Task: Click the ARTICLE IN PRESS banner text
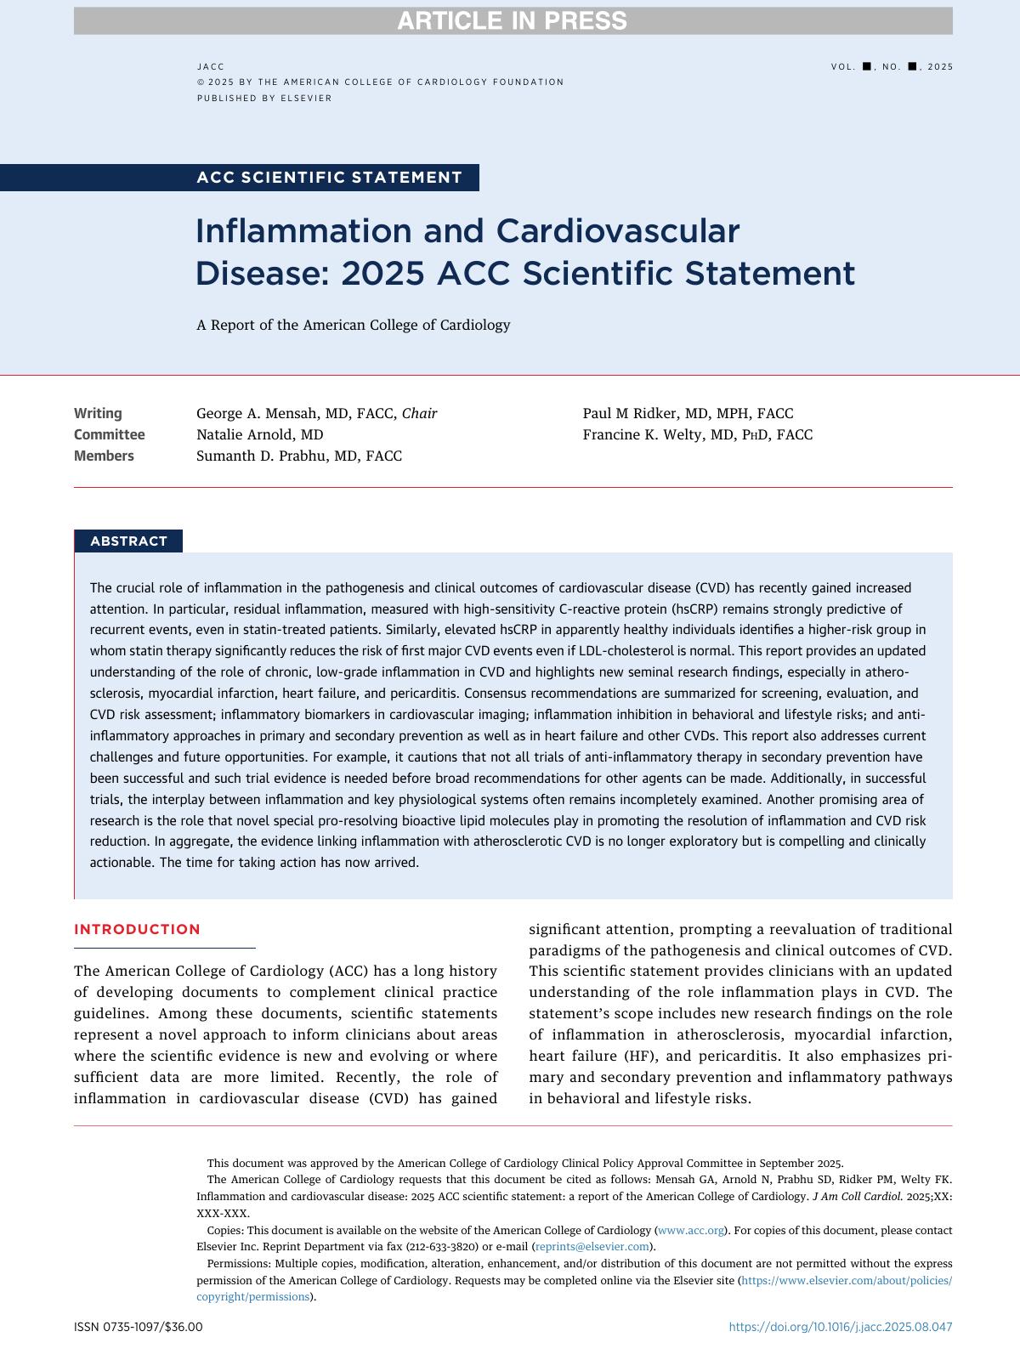pyautogui.click(x=512, y=21)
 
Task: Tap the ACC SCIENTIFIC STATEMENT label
pyautogui.click(x=329, y=178)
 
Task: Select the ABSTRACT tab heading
pyautogui.click(x=128, y=541)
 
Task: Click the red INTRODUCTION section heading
pyautogui.click(x=137, y=929)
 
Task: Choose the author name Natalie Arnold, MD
pyautogui.click(x=259, y=435)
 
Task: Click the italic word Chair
pyautogui.click(x=419, y=414)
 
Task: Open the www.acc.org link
pyautogui.click(x=691, y=1230)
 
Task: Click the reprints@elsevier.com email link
pyautogui.click(x=592, y=1247)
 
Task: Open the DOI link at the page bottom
pyautogui.click(x=841, y=1327)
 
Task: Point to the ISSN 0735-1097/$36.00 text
pyautogui.click(x=139, y=1327)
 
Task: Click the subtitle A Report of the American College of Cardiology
pyautogui.click(x=353, y=325)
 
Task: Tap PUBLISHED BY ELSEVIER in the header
pyautogui.click(x=264, y=99)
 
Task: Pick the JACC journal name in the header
pyautogui.click(x=211, y=66)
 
